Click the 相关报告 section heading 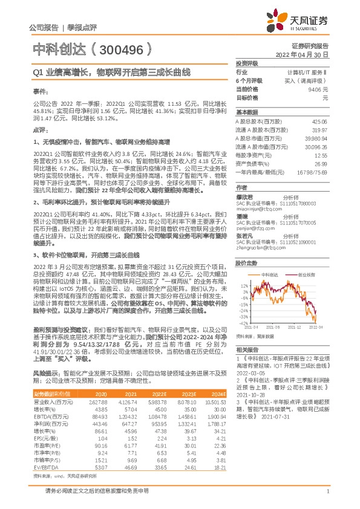[x=247, y=349]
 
